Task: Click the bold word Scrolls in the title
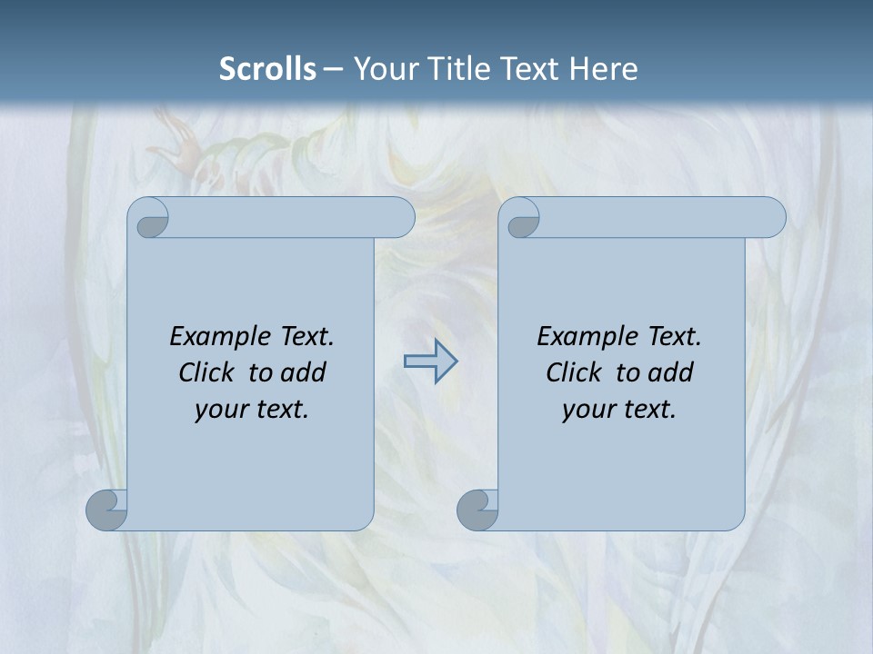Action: click(x=267, y=69)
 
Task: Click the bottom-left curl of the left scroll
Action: click(x=107, y=510)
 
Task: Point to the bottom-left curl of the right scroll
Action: click(x=477, y=510)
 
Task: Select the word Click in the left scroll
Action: click(x=199, y=372)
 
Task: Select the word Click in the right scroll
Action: click(x=567, y=372)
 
